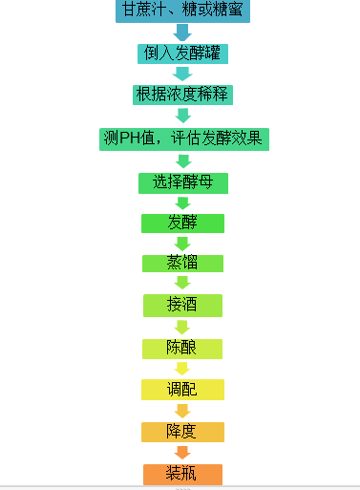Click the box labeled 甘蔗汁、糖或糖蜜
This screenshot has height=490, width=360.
coord(183,11)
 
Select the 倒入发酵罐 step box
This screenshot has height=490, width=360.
coord(182,53)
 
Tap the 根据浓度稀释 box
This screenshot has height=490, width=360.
coord(182,95)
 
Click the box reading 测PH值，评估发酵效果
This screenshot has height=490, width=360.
coord(183,139)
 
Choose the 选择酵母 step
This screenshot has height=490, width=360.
coord(183,182)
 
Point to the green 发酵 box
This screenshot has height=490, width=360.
coord(182,224)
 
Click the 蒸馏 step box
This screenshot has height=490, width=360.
coord(182,264)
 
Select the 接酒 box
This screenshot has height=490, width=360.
coord(182,305)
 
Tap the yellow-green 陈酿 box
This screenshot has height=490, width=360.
coord(182,348)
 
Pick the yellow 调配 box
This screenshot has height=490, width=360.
coord(182,390)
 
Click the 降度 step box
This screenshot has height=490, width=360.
coord(182,432)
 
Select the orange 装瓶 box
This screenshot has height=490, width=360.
coord(182,474)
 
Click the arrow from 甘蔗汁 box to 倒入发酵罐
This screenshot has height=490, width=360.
coord(182,32)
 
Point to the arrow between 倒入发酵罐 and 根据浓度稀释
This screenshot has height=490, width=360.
coord(182,74)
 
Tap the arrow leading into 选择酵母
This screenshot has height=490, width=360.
coord(182,161)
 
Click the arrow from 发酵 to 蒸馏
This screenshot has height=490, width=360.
coord(182,244)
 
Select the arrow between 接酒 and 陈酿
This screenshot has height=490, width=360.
coord(182,327)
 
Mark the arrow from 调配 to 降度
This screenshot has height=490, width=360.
coord(182,411)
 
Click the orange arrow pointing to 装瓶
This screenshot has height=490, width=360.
coord(182,453)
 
